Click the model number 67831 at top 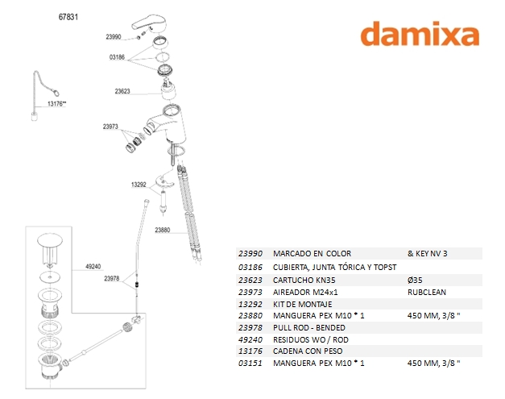pos(69,16)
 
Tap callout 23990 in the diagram pos(113,37)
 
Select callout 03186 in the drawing pos(118,57)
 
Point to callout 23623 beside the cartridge pos(122,92)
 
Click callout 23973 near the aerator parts pos(110,127)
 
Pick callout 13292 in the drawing pos(139,185)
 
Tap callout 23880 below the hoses pos(163,231)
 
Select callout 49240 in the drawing pos(93,266)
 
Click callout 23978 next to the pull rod pos(111,279)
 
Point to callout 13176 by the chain pos(56,104)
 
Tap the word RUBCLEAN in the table pos(427,292)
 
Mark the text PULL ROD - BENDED pos(309,328)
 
